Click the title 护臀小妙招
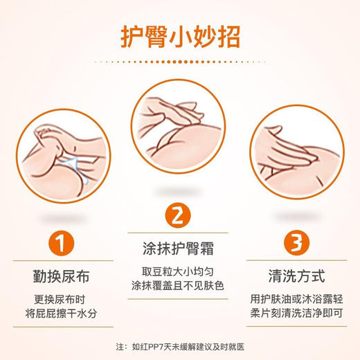pyautogui.click(x=179, y=35)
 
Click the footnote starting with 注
pyautogui.click(x=179, y=346)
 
